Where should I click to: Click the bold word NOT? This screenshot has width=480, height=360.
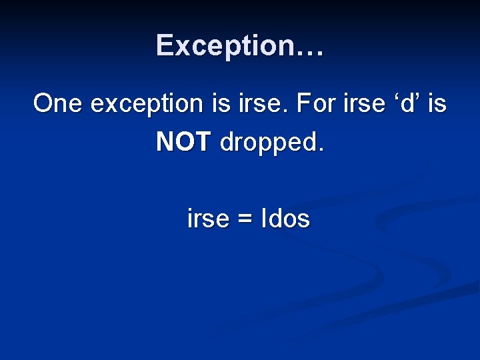[183, 142]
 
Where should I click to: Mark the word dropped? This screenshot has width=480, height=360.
[267, 143]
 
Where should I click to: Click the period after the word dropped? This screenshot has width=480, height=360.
[321, 151]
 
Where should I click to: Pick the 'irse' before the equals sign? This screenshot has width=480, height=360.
[208, 219]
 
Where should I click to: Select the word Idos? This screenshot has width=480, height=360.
[287, 219]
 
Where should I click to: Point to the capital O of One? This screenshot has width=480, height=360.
[45, 103]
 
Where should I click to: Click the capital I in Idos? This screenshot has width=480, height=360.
[266, 219]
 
